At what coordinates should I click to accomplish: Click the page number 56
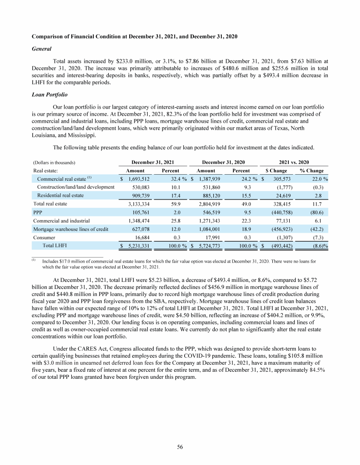point(180,447)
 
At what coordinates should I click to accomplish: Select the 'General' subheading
point(41,48)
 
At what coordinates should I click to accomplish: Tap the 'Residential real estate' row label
point(60,195)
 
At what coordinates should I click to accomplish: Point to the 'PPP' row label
point(37,212)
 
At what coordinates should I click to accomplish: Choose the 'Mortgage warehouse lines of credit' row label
point(70,229)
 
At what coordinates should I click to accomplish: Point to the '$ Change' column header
point(276,171)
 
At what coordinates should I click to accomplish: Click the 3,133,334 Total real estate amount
point(136,204)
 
